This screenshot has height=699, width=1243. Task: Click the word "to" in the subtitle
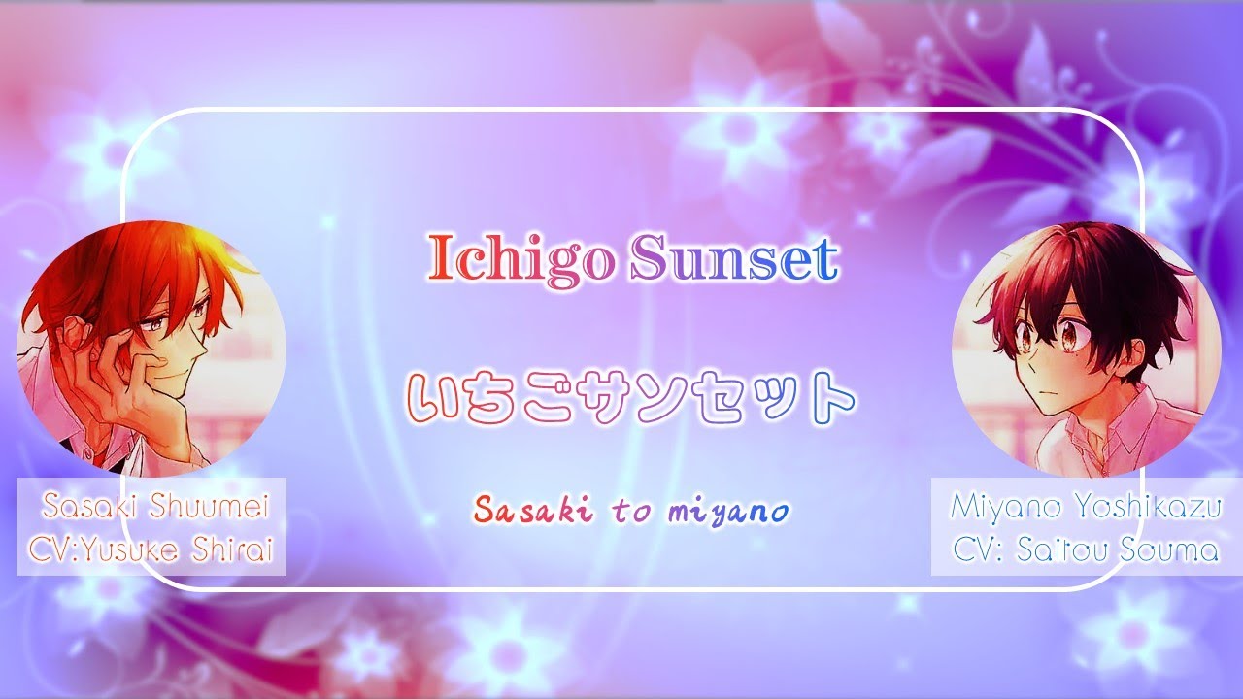[631, 512]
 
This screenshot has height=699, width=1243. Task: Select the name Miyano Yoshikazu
[1085, 505]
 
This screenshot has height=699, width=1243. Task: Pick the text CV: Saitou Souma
[1085, 550]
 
